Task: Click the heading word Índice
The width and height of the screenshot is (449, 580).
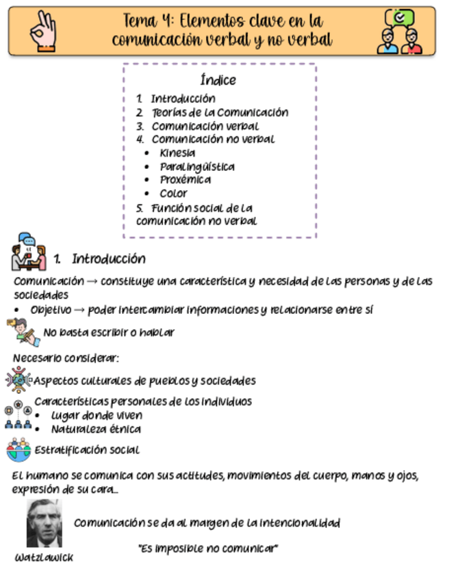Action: [219, 80]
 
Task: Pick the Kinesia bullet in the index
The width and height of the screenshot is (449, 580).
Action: [177, 153]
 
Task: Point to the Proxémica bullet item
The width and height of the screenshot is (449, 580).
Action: [185, 180]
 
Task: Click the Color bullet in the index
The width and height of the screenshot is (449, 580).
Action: [173, 194]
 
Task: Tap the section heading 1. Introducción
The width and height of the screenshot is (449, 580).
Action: [100, 259]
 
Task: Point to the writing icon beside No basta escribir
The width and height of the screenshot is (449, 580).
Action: [25, 332]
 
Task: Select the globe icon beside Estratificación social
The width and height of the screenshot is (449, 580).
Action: [18, 449]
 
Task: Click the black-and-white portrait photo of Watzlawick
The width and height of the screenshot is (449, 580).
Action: [44, 523]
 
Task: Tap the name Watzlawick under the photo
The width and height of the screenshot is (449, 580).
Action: [44, 557]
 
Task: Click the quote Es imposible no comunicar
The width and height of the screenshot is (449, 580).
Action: [208, 549]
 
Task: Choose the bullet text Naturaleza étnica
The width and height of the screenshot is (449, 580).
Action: [96, 430]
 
